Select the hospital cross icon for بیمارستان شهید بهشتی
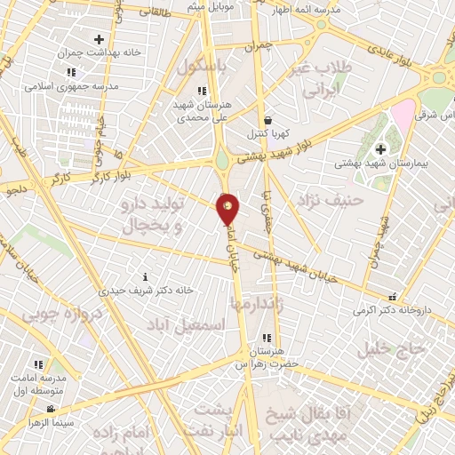[381, 148]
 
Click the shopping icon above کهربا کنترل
[267, 121]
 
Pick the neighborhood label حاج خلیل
[387, 348]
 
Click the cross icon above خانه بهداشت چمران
[99, 39]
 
